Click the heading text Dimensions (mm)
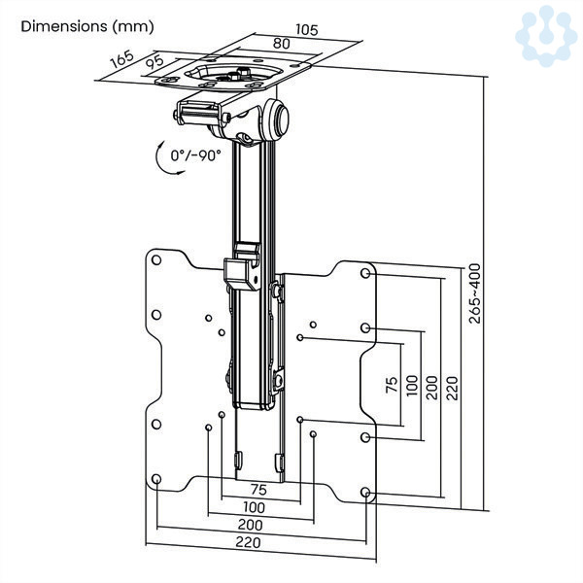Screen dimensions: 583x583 (x=87, y=27)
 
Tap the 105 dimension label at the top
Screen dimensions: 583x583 (x=307, y=29)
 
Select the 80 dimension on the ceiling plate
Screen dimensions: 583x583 (x=282, y=44)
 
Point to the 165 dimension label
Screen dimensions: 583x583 (x=121, y=58)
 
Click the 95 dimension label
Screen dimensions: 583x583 (x=154, y=61)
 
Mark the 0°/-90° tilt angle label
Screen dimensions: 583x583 (x=195, y=155)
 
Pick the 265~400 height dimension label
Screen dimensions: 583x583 (x=474, y=293)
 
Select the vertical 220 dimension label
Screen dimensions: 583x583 (x=452, y=388)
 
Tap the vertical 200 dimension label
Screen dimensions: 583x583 (x=431, y=388)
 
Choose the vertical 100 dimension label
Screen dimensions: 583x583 (x=412, y=386)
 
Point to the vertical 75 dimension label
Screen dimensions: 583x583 (x=392, y=385)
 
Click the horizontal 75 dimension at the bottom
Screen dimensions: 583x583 (x=258, y=490)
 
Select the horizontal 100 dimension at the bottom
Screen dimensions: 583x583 (x=254, y=507)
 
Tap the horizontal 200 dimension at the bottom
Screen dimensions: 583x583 (x=251, y=525)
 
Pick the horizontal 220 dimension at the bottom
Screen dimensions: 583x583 (x=248, y=542)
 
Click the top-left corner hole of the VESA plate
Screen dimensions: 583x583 (x=156, y=259)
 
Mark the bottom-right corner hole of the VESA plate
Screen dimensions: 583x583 (x=365, y=493)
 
